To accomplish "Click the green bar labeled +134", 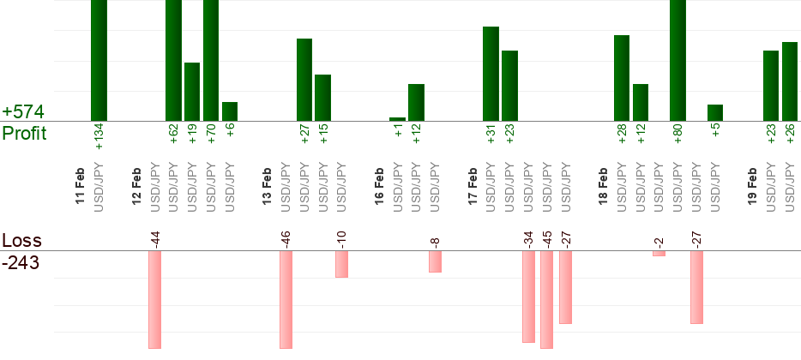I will point(99,60).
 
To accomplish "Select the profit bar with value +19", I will point(192,92).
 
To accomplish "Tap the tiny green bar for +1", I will point(398,119).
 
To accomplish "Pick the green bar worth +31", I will point(491,74).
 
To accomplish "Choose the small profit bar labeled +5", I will point(715,112).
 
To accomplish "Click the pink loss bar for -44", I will point(155,299).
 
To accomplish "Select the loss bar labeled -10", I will point(341,264).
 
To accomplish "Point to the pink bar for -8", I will point(435,261).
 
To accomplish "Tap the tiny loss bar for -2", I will point(659,253).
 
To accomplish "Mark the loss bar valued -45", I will point(546,299).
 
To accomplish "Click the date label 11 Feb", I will point(81,186).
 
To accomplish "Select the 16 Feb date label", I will point(379,186).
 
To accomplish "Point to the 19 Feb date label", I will point(752,186).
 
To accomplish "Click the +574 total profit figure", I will point(23,112).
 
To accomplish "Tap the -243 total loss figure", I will point(21,263).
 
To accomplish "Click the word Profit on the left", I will point(24,134).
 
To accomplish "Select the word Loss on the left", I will point(21,240).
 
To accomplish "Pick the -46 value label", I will point(286,237).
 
